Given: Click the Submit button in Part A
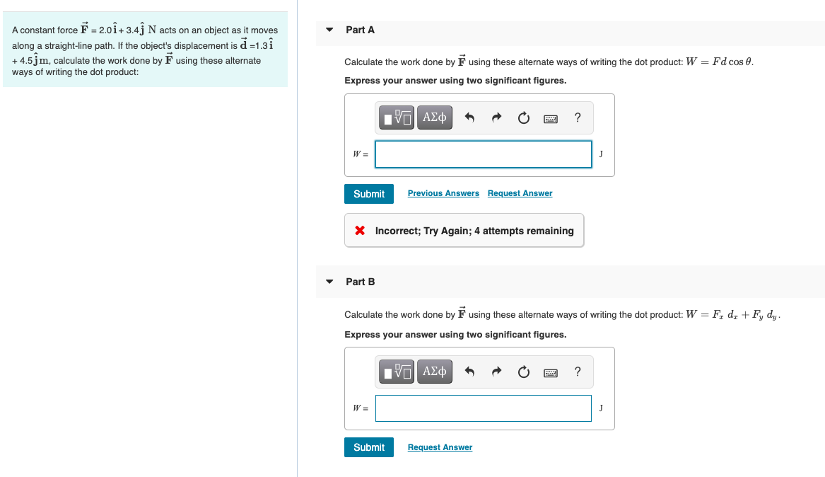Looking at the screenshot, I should tap(368, 194).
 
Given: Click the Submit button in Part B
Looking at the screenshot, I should tap(368, 447).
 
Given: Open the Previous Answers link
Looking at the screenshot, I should tap(443, 193).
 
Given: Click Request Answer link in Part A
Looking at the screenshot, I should tap(520, 193).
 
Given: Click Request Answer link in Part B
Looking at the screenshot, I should tap(440, 447).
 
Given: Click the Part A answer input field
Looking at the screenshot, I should tap(483, 154).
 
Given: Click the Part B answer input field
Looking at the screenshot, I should tap(483, 408).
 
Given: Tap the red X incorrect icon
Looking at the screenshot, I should tap(360, 231).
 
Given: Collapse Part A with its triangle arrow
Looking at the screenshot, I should tap(329, 30).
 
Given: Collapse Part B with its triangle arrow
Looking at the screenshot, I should tap(329, 282).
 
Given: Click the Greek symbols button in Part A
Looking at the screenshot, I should tap(434, 118).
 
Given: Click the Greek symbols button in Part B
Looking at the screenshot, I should tap(434, 372).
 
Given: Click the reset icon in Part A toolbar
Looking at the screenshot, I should tap(523, 118).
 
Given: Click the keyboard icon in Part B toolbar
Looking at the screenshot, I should tap(551, 372).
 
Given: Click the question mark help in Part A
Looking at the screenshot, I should tap(578, 118).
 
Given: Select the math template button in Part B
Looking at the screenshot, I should tap(397, 372).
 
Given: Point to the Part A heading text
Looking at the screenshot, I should tap(360, 30).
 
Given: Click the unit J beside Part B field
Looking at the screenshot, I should tap(601, 408).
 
